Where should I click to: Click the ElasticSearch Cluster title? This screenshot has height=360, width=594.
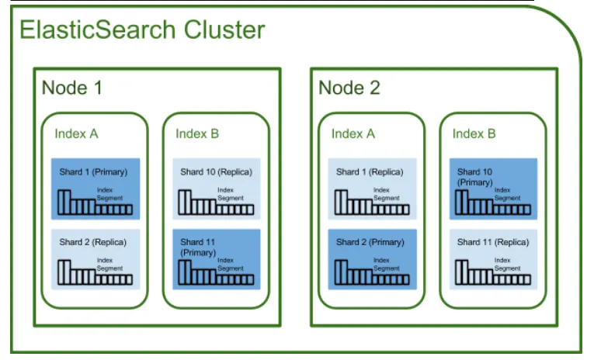pyautogui.click(x=141, y=30)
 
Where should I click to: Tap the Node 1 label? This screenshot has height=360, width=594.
pyautogui.click(x=71, y=88)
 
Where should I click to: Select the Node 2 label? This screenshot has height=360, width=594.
pyautogui.click(x=349, y=88)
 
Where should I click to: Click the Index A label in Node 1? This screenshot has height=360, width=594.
pyautogui.click(x=76, y=133)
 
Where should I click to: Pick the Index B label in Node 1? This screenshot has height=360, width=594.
pyautogui.click(x=197, y=133)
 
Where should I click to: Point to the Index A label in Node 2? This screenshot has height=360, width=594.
pyautogui.click(x=353, y=133)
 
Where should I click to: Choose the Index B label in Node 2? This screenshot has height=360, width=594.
pyautogui.click(x=474, y=133)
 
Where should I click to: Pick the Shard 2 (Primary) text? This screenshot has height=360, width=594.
pyautogui.click(x=370, y=242)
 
